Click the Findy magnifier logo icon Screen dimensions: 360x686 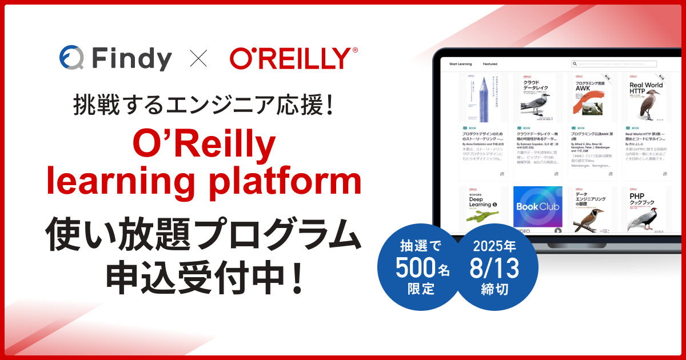pyautogui.click(x=71, y=58)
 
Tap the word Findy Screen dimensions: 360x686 pyautogui.click(x=131, y=59)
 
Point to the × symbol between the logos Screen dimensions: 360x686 pyautogui.click(x=198, y=58)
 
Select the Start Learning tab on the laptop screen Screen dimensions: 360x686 pyautogui.click(x=461, y=64)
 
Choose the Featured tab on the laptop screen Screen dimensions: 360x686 pyautogui.click(x=490, y=64)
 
